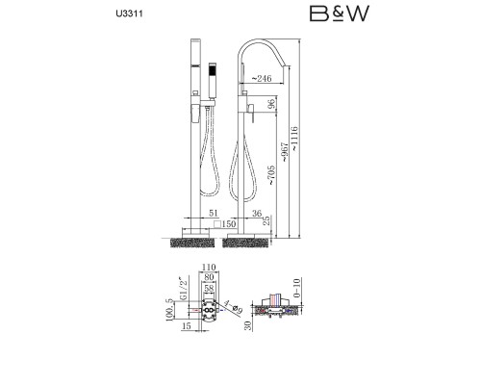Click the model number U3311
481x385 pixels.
(130, 13)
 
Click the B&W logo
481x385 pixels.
(340, 13)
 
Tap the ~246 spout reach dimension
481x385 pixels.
(261, 78)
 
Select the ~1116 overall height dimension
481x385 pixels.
(294, 139)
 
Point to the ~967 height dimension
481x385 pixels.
(284, 152)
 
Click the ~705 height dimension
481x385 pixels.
(271, 175)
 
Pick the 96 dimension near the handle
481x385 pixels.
(271, 104)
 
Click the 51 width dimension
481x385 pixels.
(214, 213)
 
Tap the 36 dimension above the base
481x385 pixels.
(257, 213)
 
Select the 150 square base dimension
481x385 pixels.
(225, 224)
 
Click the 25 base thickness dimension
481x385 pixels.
(266, 220)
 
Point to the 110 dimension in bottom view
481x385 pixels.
(209, 267)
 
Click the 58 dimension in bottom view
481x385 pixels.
(209, 288)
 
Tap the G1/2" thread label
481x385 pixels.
(183, 288)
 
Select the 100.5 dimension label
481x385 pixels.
(169, 310)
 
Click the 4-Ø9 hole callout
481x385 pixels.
(234, 306)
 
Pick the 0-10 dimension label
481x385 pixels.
(297, 288)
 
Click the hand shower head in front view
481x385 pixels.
(213, 80)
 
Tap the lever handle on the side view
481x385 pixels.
(252, 114)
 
